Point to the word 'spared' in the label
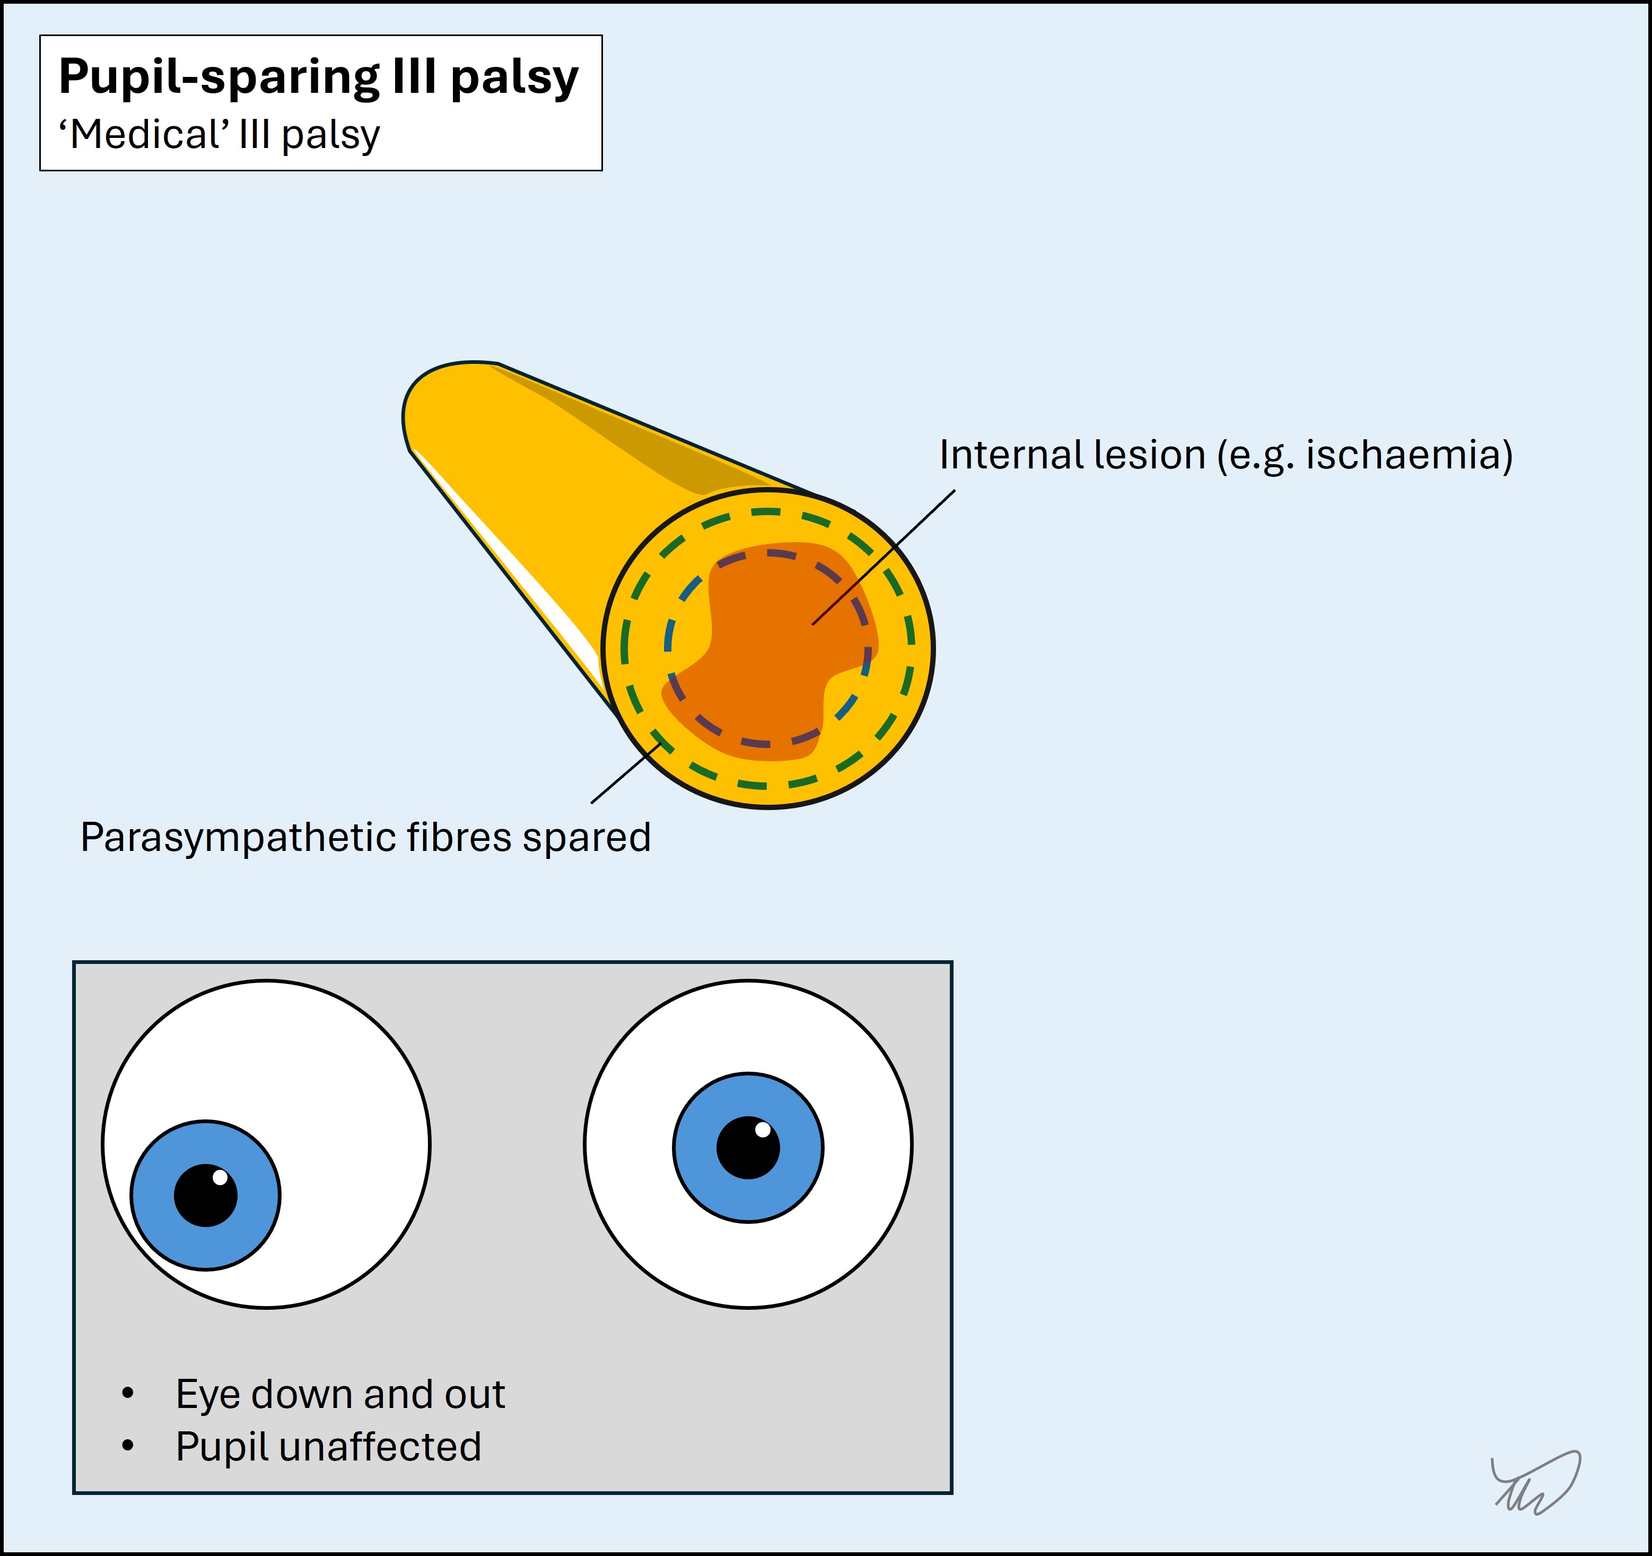point(586,838)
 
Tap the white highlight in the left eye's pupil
point(220,1177)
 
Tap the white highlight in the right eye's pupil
point(762,1129)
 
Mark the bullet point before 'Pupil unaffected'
point(127,1446)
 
